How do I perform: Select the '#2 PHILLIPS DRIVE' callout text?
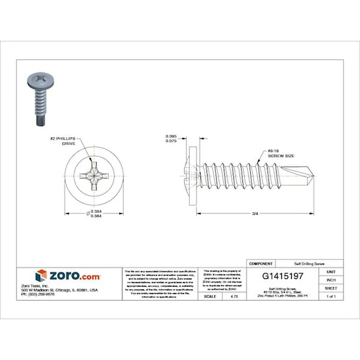[x=69, y=142]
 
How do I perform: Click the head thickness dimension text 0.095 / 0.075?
[x=171, y=139]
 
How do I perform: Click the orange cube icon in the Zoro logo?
[x=41, y=275]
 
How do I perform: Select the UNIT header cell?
[x=331, y=271]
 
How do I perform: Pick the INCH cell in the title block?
[x=331, y=279]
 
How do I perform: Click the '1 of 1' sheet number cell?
[x=331, y=296]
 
